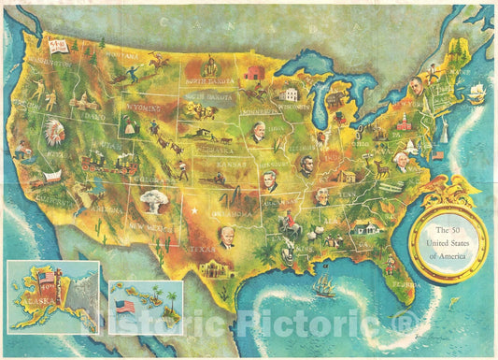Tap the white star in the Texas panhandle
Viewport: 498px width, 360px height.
(194, 210)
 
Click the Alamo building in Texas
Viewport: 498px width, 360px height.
(214, 268)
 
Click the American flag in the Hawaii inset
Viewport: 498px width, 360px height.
(124, 307)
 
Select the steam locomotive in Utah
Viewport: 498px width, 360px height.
(98, 165)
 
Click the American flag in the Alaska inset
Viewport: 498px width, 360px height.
(48, 278)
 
